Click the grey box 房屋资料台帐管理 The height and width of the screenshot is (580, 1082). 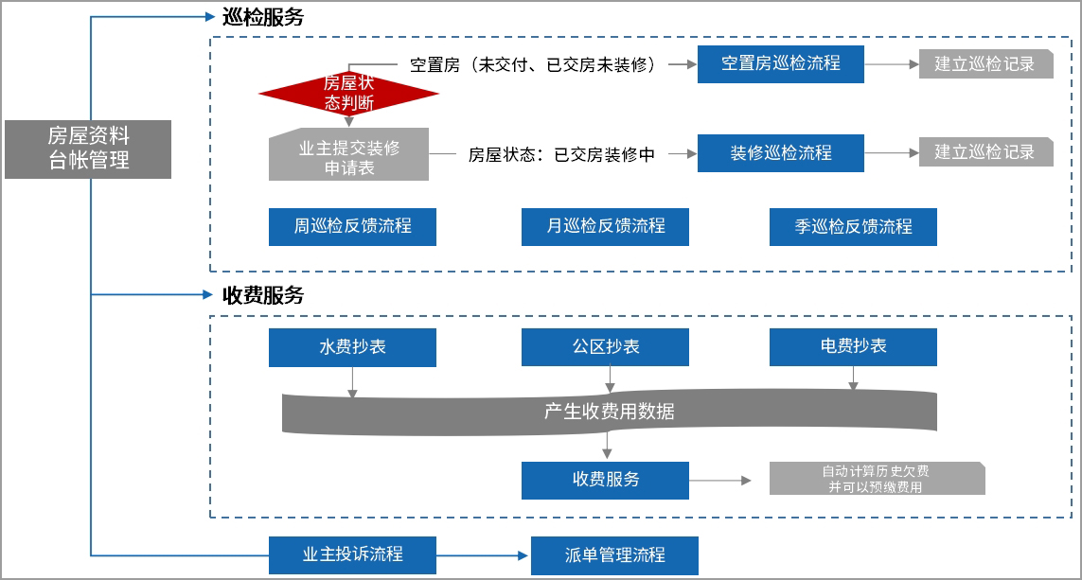pyautogui.click(x=88, y=149)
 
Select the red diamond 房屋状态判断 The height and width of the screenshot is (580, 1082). pyautogui.click(x=348, y=94)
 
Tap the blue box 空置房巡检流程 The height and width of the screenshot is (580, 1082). pyautogui.click(x=780, y=63)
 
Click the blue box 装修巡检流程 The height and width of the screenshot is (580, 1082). pyautogui.click(x=780, y=152)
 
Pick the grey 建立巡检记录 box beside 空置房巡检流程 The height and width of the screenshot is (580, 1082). pyautogui.click(x=985, y=63)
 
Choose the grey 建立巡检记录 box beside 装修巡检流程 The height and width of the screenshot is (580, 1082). pyautogui.click(x=985, y=152)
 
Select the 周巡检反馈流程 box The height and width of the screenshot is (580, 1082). pyautogui.click(x=352, y=226)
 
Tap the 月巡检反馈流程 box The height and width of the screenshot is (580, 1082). pyautogui.click(x=605, y=226)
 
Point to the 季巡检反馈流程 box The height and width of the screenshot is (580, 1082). pyautogui.click(x=853, y=226)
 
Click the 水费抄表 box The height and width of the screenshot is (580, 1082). pyautogui.click(x=352, y=347)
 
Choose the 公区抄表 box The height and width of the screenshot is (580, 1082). pyautogui.click(x=605, y=347)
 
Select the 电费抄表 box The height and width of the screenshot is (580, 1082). pyautogui.click(x=853, y=347)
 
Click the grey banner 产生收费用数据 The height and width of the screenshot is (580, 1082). pyautogui.click(x=609, y=413)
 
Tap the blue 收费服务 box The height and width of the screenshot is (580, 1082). pyautogui.click(x=605, y=480)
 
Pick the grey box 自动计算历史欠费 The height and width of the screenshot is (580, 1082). pyautogui.click(x=877, y=479)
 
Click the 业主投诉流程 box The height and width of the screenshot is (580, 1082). pyautogui.click(x=352, y=554)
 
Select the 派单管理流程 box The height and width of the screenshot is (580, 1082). pyautogui.click(x=614, y=555)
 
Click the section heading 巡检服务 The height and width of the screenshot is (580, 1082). pyautogui.click(x=262, y=17)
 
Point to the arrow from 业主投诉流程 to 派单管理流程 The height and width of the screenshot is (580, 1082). pyautogui.click(x=483, y=555)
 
